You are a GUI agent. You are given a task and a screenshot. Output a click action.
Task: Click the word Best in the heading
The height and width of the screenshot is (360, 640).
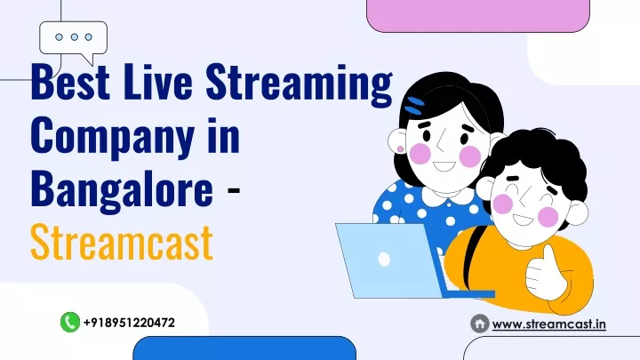[x=70, y=81]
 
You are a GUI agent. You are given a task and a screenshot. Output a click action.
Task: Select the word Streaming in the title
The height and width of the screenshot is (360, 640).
[x=299, y=85]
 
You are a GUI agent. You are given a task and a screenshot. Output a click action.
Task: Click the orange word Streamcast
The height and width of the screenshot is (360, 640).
[x=122, y=242]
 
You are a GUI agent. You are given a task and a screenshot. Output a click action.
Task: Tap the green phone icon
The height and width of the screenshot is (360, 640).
[x=70, y=322]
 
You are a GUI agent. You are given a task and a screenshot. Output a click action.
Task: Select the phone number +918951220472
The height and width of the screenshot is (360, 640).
[x=130, y=323]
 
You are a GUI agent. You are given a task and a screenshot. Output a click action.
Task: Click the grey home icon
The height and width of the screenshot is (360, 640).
[x=480, y=324]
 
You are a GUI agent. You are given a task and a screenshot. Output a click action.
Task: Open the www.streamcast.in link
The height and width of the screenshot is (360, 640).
[x=549, y=324]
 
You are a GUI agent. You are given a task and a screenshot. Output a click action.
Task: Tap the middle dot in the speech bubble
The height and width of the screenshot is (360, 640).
[x=75, y=37]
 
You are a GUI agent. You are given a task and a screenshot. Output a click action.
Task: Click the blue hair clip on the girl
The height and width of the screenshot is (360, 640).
[x=414, y=105]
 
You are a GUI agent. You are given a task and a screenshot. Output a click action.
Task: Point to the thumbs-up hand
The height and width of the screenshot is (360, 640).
[x=545, y=271]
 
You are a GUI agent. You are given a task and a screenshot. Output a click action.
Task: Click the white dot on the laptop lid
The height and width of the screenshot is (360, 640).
[x=384, y=260]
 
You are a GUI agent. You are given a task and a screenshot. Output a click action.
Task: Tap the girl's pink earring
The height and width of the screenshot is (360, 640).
[x=400, y=149]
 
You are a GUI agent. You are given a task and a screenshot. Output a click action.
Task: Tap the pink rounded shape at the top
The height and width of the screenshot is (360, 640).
[x=478, y=15]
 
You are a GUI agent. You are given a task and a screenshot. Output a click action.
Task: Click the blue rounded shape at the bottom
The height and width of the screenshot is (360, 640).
[x=244, y=348]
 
